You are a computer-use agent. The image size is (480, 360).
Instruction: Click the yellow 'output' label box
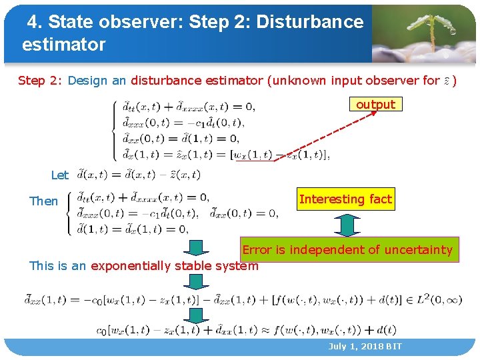(x=375, y=105)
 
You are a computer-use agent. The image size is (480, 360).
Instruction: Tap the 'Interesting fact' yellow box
(x=345, y=199)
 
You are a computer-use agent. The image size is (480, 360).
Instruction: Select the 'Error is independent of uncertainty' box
(x=347, y=250)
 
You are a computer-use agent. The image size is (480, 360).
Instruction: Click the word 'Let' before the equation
(x=59, y=175)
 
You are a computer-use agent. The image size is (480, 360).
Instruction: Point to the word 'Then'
(x=43, y=201)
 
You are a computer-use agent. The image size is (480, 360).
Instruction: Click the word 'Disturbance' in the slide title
(x=310, y=22)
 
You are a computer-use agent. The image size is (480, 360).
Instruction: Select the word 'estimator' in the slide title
(x=63, y=45)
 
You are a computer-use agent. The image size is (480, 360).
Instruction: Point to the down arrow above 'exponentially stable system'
(x=196, y=248)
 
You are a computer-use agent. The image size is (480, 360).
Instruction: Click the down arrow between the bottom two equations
(x=196, y=315)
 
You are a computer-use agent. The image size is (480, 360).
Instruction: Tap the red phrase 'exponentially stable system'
(x=174, y=266)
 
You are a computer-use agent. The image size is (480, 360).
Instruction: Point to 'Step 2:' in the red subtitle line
(x=41, y=81)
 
